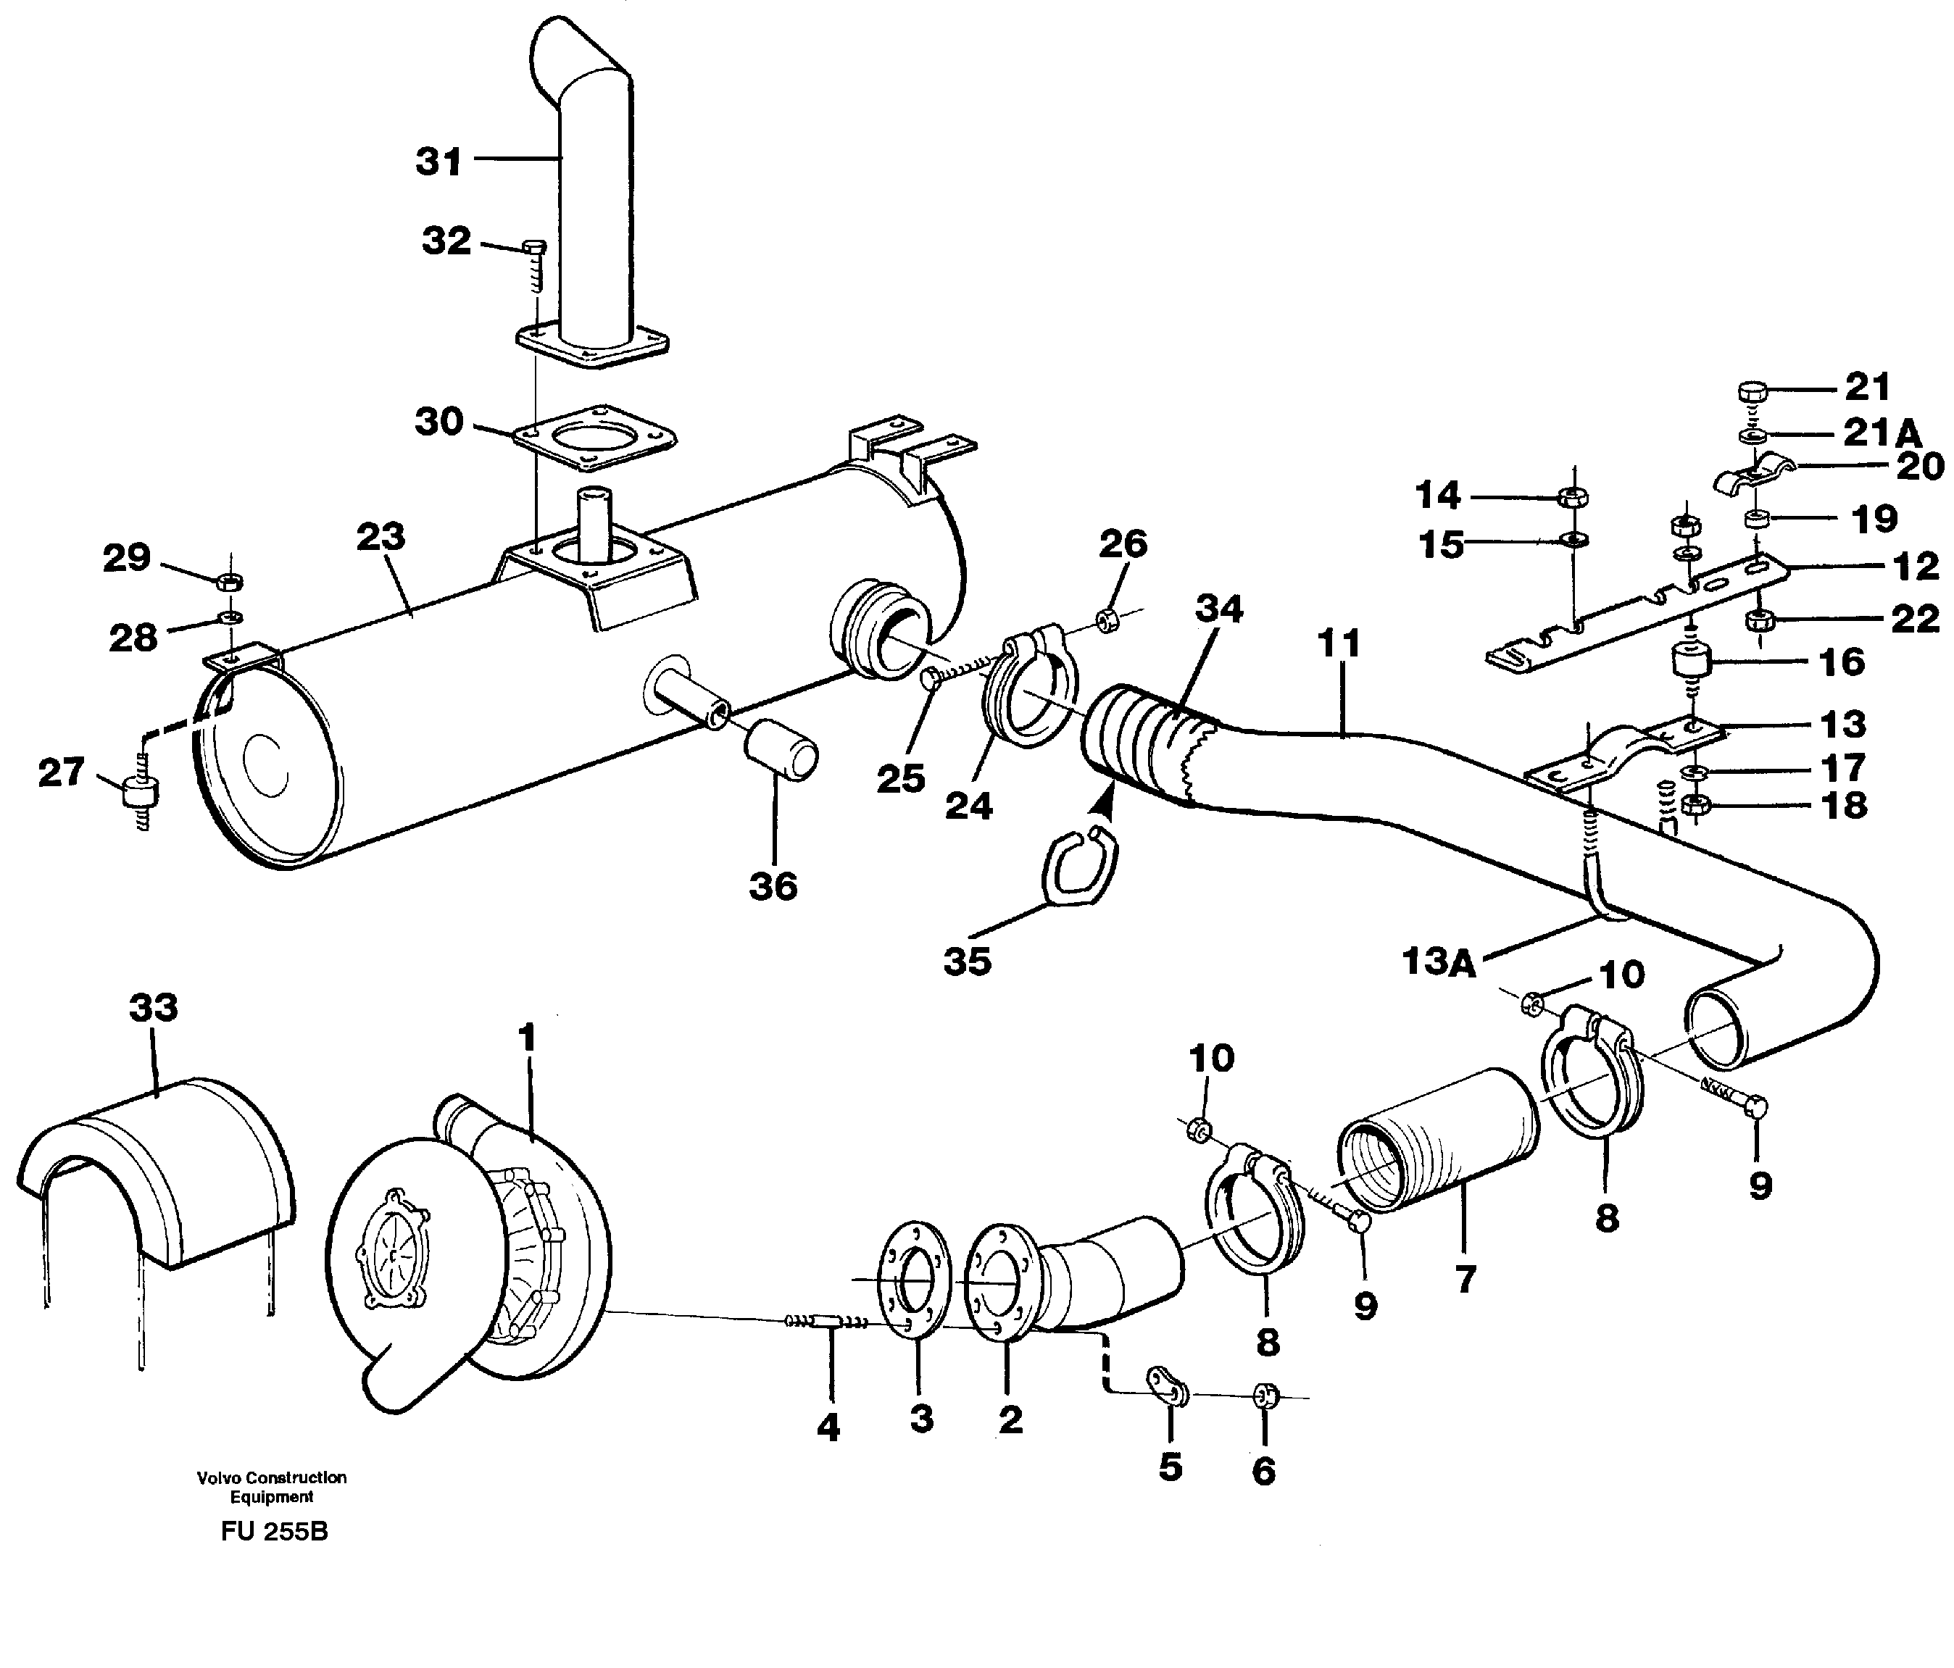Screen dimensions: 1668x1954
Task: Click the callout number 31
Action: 439,162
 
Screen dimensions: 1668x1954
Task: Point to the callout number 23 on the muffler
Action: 381,536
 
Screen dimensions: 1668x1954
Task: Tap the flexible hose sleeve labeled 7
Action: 1437,1139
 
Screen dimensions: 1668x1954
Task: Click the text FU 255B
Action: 275,1531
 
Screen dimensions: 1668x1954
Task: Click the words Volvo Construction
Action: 272,1477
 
